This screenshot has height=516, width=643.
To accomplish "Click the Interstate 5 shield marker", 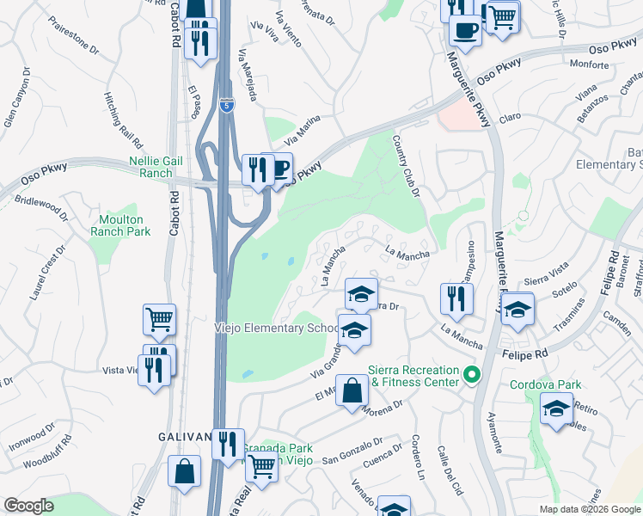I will click(x=226, y=106).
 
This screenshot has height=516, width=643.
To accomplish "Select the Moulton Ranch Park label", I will click(x=120, y=225).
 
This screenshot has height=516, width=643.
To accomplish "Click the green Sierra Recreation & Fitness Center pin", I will click(x=470, y=375).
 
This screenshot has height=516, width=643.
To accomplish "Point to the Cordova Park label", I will click(x=546, y=384).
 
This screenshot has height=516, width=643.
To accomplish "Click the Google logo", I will click(x=28, y=506).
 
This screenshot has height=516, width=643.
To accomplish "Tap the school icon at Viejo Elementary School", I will click(x=354, y=329).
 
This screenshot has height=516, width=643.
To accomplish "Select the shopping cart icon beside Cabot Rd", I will click(x=160, y=320).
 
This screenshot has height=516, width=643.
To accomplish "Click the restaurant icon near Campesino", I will click(x=456, y=298).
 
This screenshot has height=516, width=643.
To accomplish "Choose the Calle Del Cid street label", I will click(x=450, y=472).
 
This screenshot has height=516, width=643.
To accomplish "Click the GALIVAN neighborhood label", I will click(x=185, y=437).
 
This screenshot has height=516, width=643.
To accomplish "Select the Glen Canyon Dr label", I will click(x=17, y=99).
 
